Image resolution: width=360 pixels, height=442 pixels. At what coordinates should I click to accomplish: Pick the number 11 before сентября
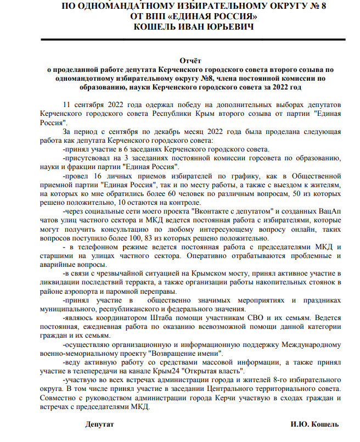67,104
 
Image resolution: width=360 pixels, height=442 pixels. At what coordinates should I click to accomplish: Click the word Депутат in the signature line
99,424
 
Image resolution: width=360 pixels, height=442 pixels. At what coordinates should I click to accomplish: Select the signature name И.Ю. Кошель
314,424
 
